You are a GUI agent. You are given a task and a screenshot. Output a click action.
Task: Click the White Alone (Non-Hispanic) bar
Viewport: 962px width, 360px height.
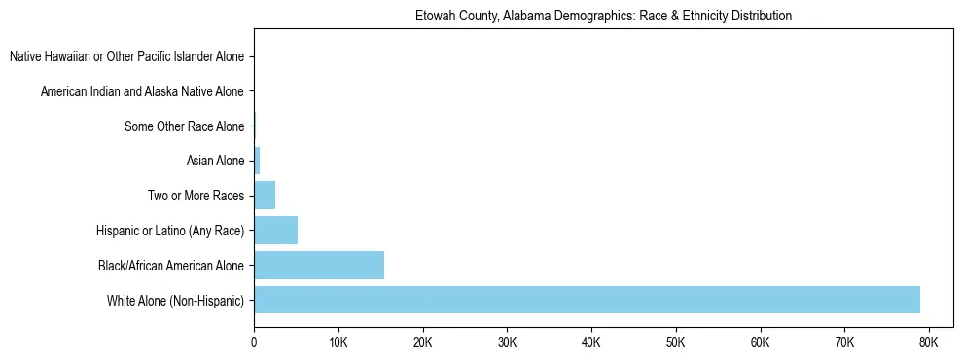(587, 300)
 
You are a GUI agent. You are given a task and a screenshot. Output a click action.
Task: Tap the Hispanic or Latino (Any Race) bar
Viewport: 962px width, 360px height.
(275, 231)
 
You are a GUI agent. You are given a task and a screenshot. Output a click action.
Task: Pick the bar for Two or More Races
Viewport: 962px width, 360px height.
(265, 196)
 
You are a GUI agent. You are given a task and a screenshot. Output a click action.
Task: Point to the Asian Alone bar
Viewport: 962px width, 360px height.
(257, 161)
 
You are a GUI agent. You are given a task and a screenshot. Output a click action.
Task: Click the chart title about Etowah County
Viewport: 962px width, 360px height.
(603, 16)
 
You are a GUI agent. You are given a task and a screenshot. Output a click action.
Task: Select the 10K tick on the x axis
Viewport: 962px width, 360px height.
(338, 342)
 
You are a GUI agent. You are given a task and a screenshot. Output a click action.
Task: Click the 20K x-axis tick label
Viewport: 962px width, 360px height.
(422, 342)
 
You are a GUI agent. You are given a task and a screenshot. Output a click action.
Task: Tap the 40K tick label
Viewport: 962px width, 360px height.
(591, 342)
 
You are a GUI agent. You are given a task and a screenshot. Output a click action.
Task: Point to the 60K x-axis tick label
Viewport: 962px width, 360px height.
(760, 342)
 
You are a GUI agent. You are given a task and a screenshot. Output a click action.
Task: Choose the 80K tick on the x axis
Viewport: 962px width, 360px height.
(928, 342)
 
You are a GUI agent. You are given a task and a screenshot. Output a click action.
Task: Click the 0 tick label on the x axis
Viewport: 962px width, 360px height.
(254, 342)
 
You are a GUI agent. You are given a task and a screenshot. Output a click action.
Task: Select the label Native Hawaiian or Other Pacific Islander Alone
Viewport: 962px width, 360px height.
(126, 57)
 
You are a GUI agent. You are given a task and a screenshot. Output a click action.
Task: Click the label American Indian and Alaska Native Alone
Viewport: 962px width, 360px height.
(142, 91)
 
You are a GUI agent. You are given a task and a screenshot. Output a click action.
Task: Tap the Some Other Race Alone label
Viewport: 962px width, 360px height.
(185, 126)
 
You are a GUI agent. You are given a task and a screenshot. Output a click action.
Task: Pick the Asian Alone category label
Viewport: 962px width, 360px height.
(215, 161)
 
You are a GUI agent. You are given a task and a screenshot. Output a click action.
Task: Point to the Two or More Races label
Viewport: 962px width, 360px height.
(196, 196)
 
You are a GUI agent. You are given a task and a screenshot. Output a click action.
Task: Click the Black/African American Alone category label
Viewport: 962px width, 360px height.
(171, 265)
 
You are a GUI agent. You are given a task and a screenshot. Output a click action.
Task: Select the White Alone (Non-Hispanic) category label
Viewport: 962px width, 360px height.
(176, 300)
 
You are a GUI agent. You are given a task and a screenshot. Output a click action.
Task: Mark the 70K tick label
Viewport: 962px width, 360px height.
(844, 342)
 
